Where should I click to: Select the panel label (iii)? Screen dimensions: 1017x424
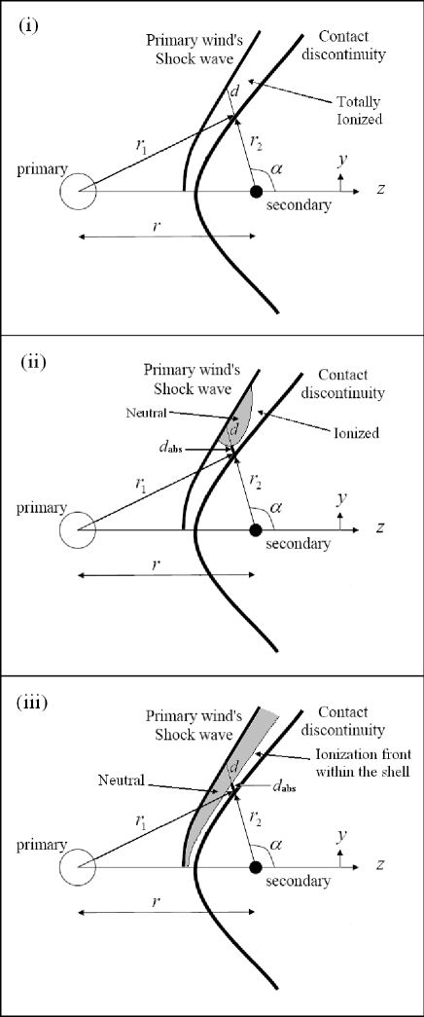[34, 700]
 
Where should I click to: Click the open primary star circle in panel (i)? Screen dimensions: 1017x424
[78, 191]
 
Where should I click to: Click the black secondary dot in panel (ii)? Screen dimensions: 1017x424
[256, 529]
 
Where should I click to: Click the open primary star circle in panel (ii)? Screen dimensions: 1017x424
[78, 529]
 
